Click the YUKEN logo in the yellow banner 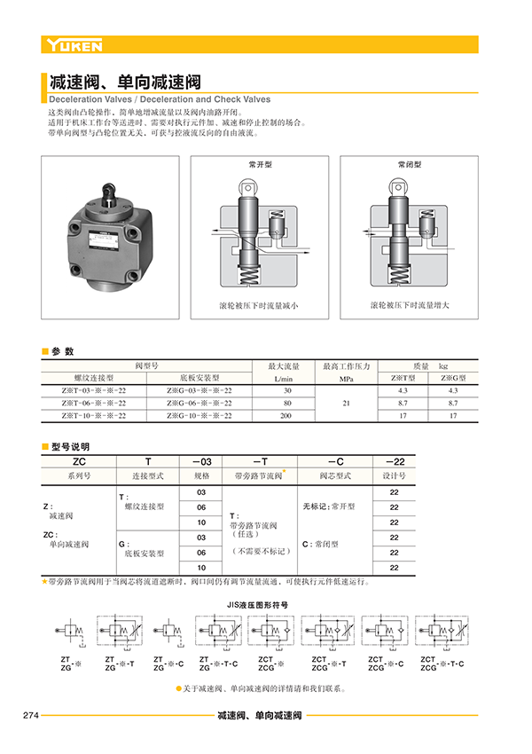tap(75, 45)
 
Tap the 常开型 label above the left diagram tap(260, 166)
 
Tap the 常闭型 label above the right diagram tap(410, 166)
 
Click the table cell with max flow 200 tap(286, 415)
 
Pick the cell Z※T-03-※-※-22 tap(94, 390)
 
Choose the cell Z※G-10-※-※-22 tap(199, 415)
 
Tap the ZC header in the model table tap(79, 461)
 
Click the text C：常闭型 tap(329, 544)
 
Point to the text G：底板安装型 tap(141, 545)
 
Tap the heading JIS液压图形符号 tap(258, 603)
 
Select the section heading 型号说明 tap(70, 446)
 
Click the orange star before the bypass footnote tap(44, 582)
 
